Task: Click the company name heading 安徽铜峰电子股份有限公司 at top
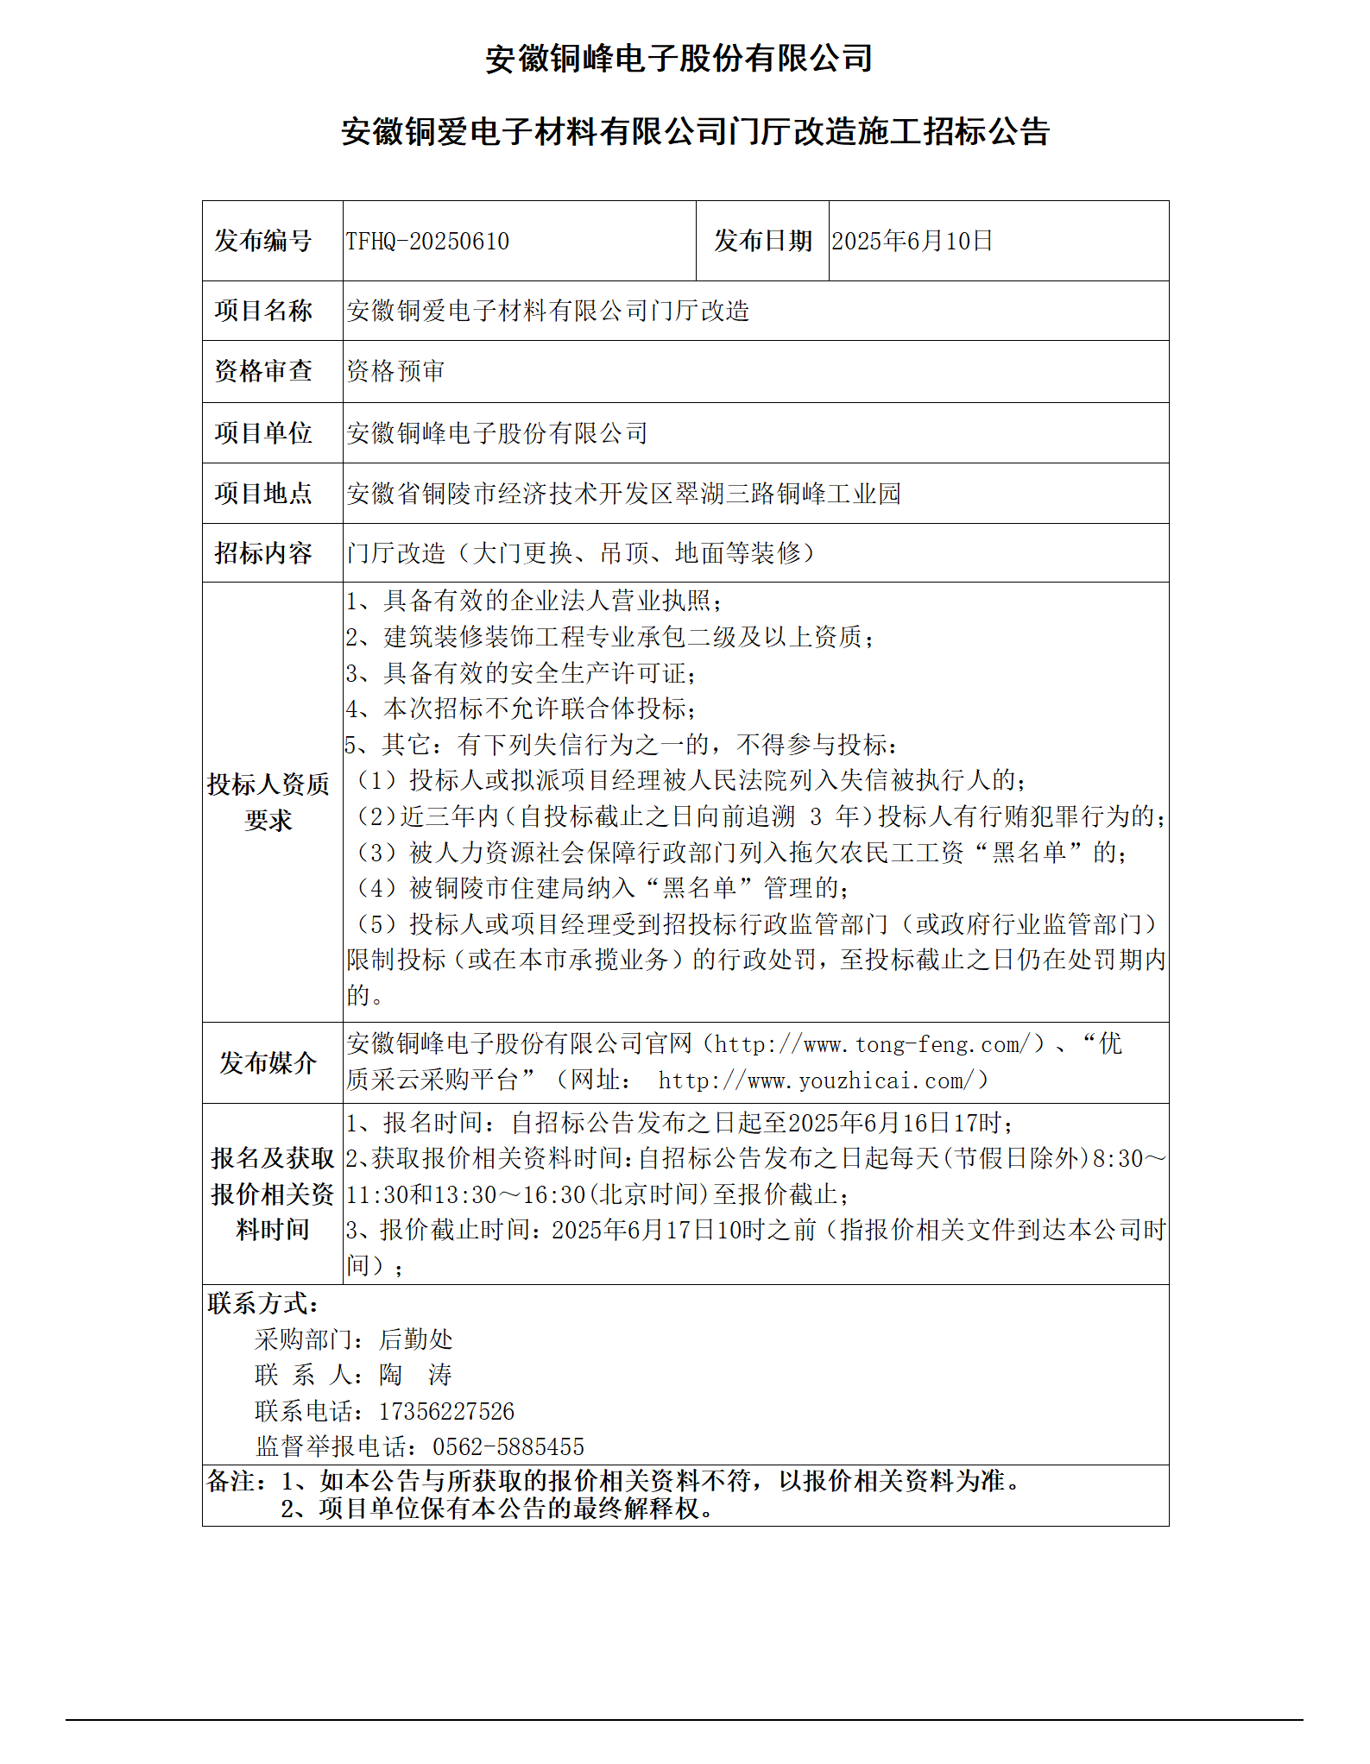pyautogui.click(x=679, y=59)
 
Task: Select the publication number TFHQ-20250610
pyautogui.click(x=427, y=241)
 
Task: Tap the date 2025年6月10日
pyautogui.click(x=912, y=241)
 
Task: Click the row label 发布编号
pyautogui.click(x=263, y=241)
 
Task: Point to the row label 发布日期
pyautogui.click(x=762, y=241)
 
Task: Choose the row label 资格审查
pyautogui.click(x=263, y=371)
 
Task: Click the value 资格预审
pyautogui.click(x=395, y=371)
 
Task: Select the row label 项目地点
pyautogui.click(x=263, y=494)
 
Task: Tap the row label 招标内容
pyautogui.click(x=263, y=553)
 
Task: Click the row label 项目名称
pyautogui.click(x=263, y=311)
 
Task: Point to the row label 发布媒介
pyautogui.click(x=268, y=1063)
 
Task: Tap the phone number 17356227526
pyautogui.click(x=446, y=1412)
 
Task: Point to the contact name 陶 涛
pyautogui.click(x=415, y=1376)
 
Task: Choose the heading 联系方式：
pyautogui.click(x=263, y=1304)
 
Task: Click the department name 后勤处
pyautogui.click(x=415, y=1340)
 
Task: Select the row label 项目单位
pyautogui.click(x=263, y=433)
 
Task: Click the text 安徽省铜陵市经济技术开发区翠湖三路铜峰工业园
pyautogui.click(x=623, y=494)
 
